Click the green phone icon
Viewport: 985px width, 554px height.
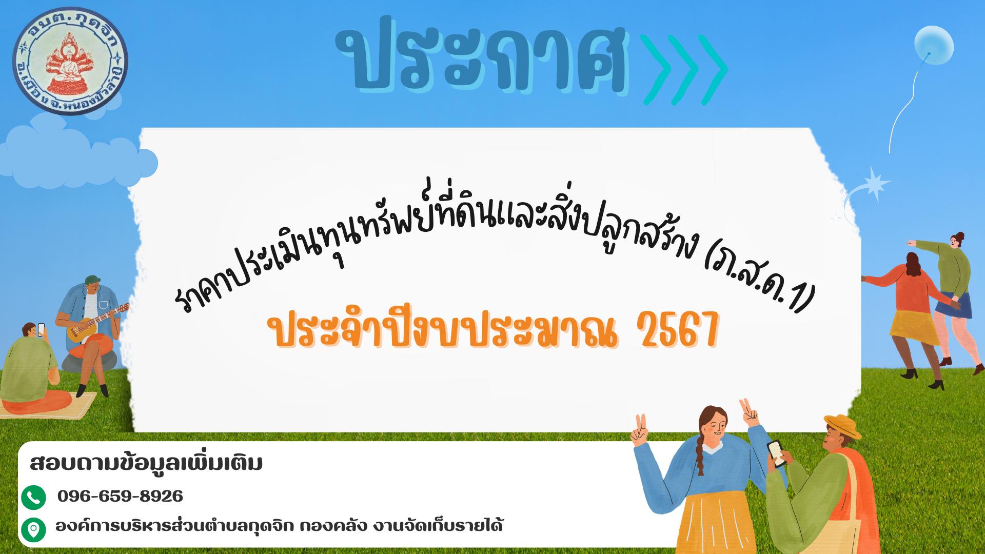tap(34, 497)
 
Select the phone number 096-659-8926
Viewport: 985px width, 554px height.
tap(120, 496)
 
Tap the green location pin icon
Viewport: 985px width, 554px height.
tap(34, 529)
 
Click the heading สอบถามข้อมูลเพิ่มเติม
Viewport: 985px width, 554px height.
tap(146, 463)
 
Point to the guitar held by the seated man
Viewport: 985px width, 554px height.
tap(97, 323)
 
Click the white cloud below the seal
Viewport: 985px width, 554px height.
tap(77, 151)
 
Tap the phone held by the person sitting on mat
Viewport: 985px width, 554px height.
tap(42, 329)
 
